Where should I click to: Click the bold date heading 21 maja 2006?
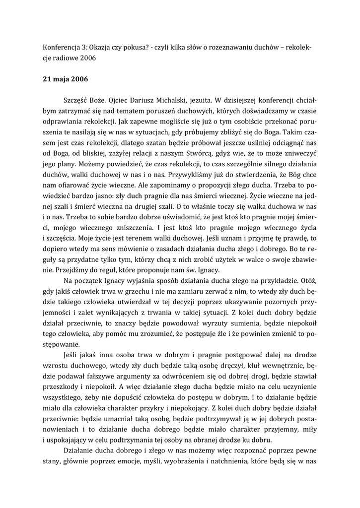click(65, 78)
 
